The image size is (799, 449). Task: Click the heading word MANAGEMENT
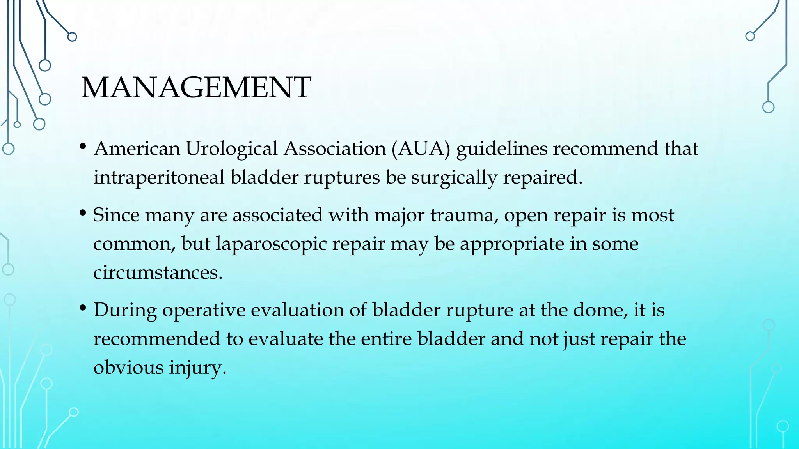pos(196,87)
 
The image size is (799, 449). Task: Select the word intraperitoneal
pos(158,178)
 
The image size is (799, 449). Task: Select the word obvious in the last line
pos(128,368)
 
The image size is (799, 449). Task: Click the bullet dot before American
pos(82,147)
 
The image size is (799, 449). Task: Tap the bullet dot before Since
pos(82,213)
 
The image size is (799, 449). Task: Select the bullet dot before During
pos(82,308)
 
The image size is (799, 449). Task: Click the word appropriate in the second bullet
pos(511,244)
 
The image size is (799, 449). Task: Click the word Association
pos(335,149)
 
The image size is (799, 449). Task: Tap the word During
pos(125,310)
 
